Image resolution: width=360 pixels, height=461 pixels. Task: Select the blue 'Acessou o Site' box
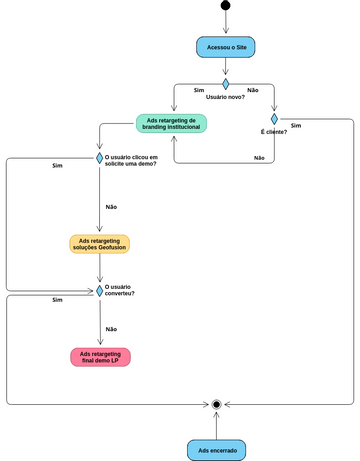tap(226, 48)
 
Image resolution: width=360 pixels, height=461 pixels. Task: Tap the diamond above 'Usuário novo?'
tap(226, 84)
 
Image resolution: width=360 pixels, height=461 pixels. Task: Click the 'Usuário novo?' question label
tap(226, 97)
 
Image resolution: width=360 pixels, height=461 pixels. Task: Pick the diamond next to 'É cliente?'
tap(273, 119)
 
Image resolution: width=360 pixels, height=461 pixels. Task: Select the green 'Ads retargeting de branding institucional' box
tap(171, 124)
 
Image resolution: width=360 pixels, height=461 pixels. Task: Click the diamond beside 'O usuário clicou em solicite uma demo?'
tap(100, 157)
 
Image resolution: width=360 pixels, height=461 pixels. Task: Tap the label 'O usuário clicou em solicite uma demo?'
tap(132, 161)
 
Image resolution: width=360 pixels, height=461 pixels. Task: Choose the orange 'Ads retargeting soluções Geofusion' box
tap(100, 244)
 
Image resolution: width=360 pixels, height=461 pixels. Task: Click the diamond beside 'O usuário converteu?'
tap(100, 291)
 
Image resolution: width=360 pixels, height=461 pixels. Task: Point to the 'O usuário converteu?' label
tap(120, 290)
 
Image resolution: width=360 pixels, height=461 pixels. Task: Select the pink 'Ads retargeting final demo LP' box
tap(100, 357)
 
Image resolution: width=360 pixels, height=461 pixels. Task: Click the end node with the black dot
tap(216, 403)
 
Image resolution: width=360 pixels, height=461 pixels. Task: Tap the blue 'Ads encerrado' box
tap(216, 450)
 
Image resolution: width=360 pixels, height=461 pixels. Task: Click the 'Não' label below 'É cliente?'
tap(259, 158)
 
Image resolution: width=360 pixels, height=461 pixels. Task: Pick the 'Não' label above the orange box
tap(111, 206)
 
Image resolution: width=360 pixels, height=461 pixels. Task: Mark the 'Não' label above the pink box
tap(111, 328)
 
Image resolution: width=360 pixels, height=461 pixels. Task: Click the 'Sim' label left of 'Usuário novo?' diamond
tap(199, 90)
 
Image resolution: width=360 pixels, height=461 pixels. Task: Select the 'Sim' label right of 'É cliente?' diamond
tap(295, 126)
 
